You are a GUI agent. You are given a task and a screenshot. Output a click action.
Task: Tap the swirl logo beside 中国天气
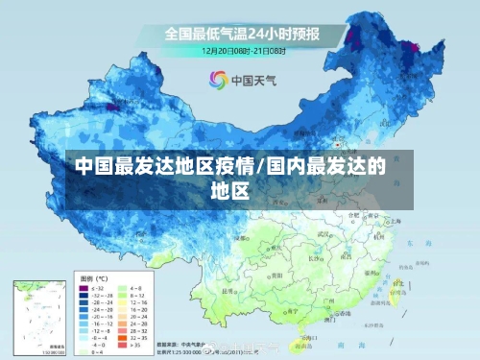coord(217,80)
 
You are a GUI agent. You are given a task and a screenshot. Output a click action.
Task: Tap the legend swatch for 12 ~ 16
coord(123,302)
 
